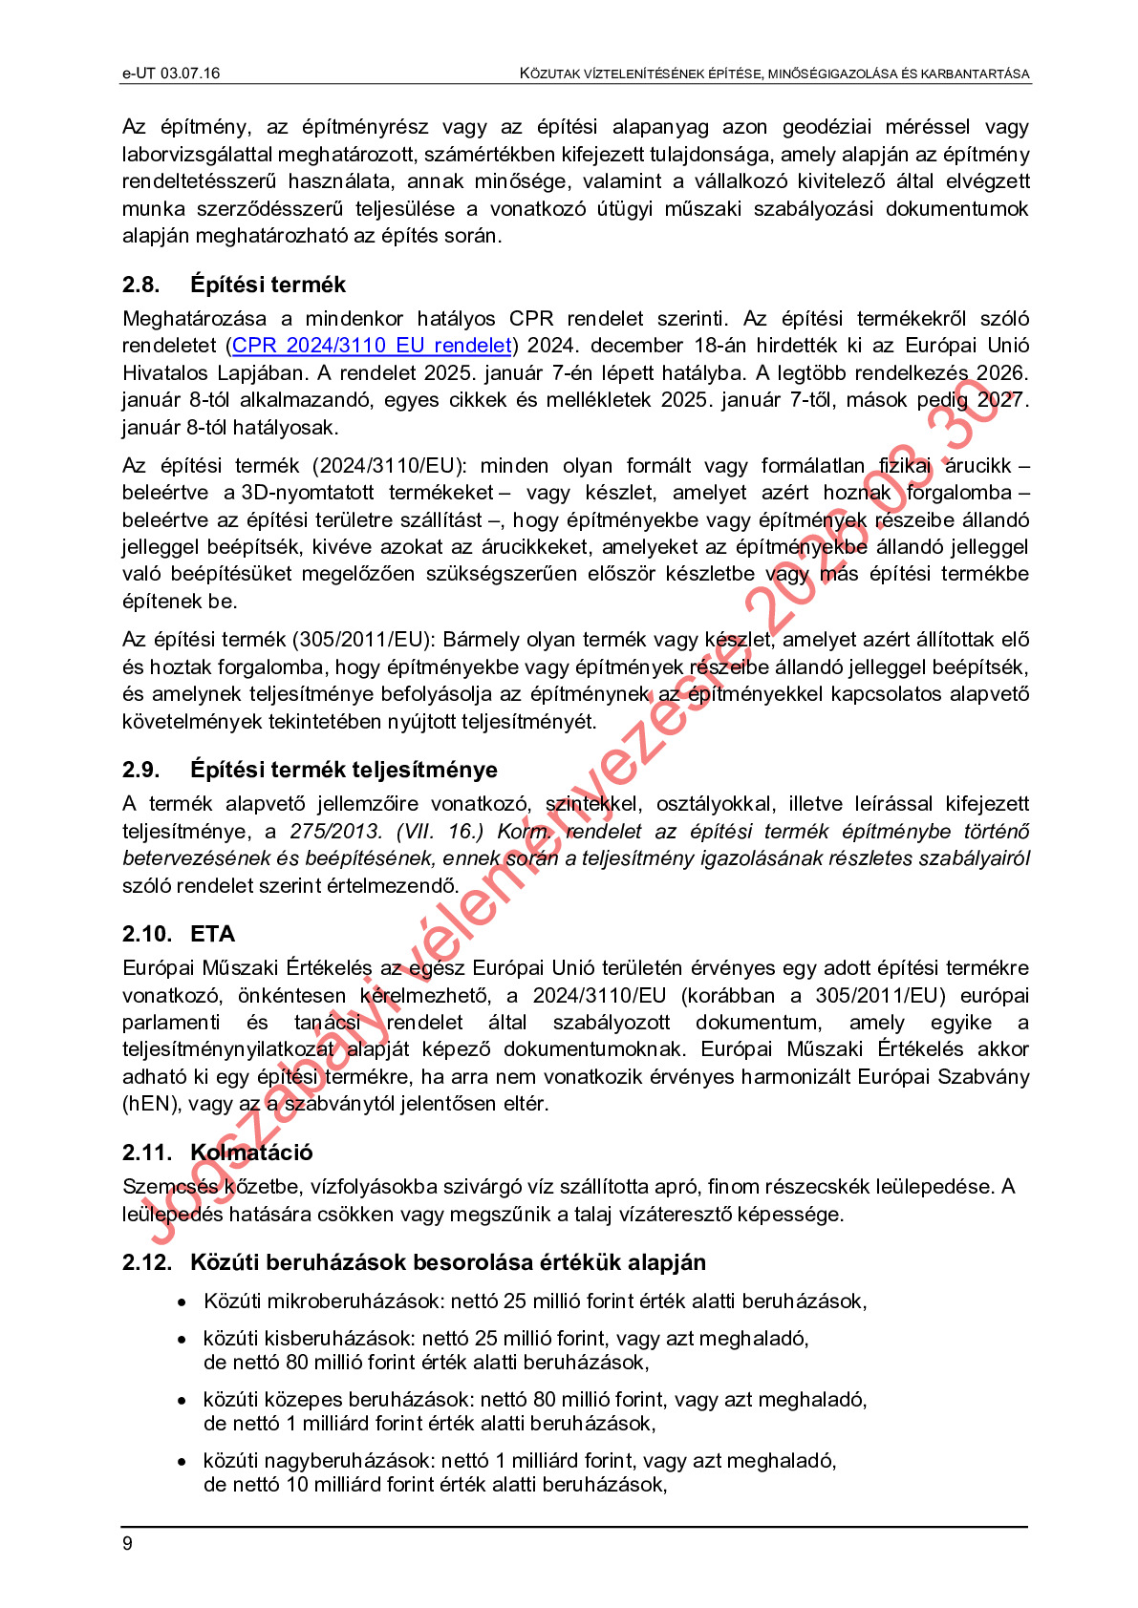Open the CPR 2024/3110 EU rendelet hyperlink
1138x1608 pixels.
[373, 346]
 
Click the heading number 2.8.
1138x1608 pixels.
[140, 285]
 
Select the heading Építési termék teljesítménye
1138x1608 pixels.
[344, 770]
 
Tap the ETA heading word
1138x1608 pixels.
[212, 934]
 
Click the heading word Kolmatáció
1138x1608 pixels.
[251, 1153]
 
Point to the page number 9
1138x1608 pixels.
[128, 1544]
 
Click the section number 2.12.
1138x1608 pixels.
[147, 1262]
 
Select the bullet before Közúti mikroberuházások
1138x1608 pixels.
[182, 1302]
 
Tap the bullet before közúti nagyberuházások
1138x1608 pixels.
[182, 1462]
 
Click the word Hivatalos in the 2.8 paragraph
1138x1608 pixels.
[164, 373]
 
